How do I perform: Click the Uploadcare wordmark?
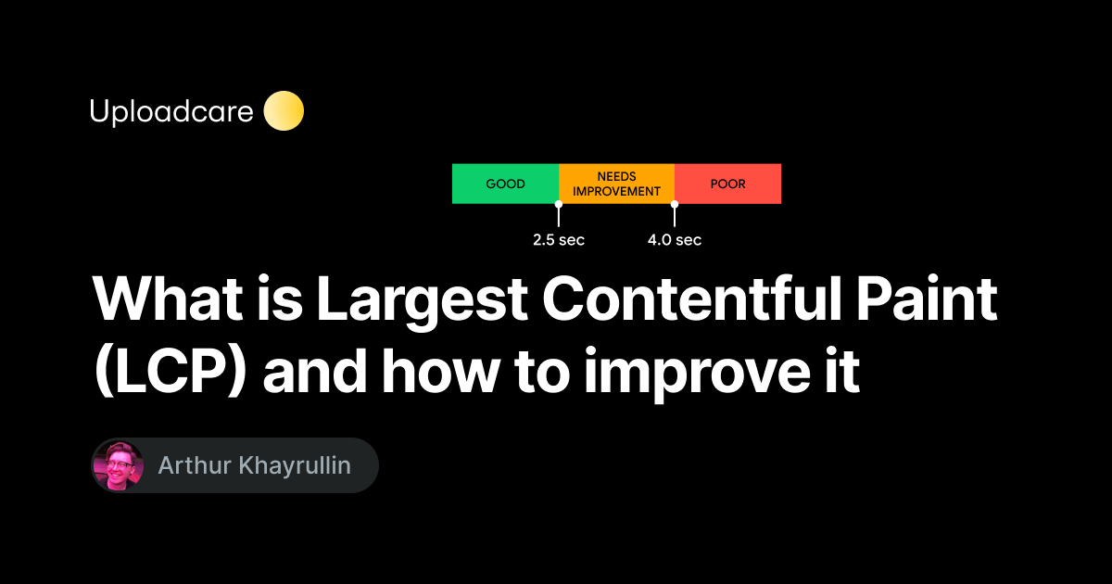click(x=171, y=112)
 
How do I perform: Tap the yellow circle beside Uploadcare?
click(x=284, y=111)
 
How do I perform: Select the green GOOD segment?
click(x=505, y=184)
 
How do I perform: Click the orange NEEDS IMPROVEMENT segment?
click(x=616, y=184)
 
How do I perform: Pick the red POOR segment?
click(x=727, y=184)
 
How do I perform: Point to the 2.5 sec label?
click(x=558, y=240)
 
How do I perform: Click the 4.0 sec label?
click(x=675, y=240)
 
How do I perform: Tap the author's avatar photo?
click(x=118, y=465)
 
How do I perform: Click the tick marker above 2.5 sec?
click(x=558, y=214)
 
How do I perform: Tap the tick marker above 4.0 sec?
click(x=675, y=214)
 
